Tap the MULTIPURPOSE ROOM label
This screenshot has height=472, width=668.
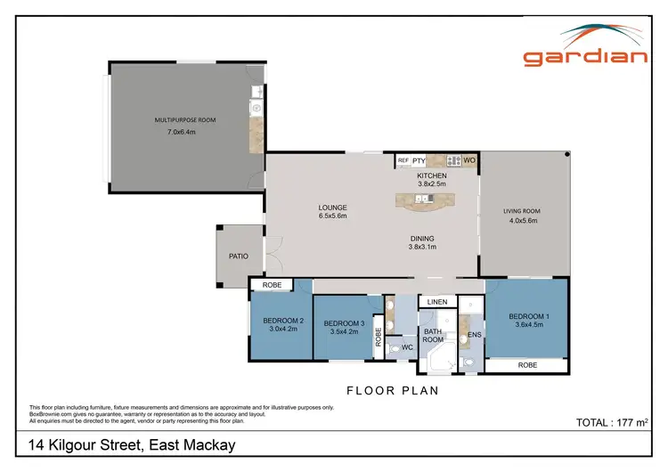185,119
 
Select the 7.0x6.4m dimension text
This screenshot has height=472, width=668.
181,132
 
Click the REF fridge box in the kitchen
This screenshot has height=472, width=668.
403,160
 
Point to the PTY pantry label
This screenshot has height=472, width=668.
419,160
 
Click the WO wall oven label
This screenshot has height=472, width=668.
468,160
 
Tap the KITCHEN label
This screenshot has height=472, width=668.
432,175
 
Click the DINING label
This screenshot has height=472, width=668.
422,238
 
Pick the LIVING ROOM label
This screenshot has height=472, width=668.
522,211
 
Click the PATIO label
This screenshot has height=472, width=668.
239,256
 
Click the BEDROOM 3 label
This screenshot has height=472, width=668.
343,323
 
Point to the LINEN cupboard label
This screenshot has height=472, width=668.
436,302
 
